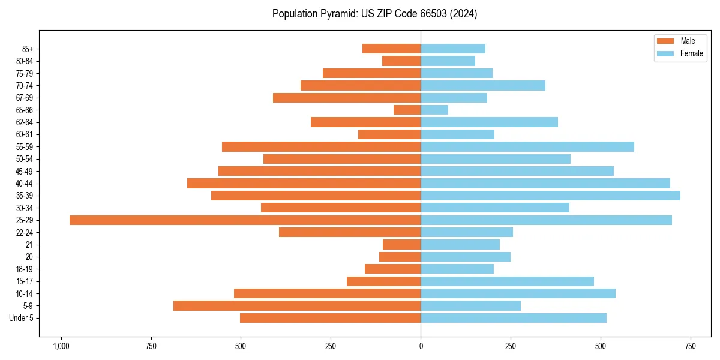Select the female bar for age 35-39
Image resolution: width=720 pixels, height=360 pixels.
pos(550,196)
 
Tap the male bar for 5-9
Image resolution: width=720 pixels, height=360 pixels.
pos(297,306)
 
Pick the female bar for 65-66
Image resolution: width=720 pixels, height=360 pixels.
pos(434,110)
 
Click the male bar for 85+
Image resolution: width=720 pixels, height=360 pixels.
pos(391,49)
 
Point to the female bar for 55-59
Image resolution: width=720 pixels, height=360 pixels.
pos(527,147)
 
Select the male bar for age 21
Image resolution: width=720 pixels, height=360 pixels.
pos(401,245)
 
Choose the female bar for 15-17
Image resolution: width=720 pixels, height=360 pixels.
pos(507,281)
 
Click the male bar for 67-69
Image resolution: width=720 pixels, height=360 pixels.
pos(347,98)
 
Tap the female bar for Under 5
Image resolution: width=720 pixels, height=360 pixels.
pos(514,318)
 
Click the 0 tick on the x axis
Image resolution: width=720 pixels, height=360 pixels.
pos(421,346)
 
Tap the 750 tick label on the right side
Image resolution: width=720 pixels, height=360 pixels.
pos(691,346)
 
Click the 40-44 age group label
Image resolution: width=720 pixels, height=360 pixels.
pos(25,184)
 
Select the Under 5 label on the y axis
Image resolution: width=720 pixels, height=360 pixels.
pos(21,318)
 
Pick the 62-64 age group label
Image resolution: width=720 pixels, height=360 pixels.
pos(25,122)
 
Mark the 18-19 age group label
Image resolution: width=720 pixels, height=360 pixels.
pos(25,269)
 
